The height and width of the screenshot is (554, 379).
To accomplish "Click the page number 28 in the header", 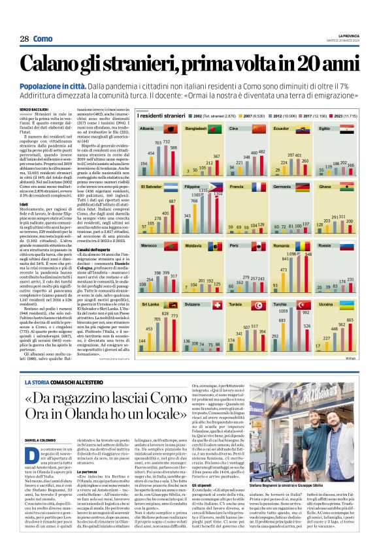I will pos(24,38).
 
